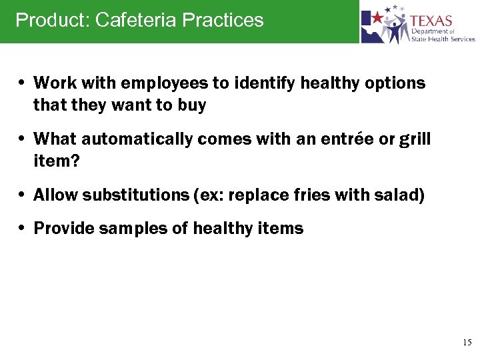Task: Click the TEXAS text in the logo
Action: pos(431,21)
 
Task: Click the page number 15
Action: pos(467,342)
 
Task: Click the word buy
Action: pos(192,105)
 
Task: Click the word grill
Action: pos(416,139)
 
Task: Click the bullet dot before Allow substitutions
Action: pos(23,195)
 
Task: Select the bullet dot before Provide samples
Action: pos(23,229)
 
